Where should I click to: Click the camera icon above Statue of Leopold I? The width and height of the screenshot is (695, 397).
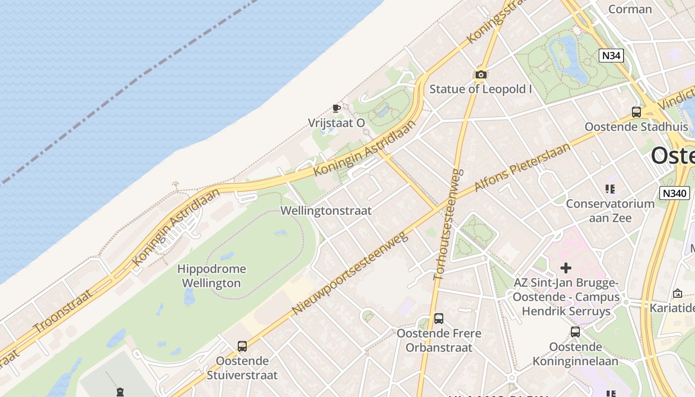pos(481,74)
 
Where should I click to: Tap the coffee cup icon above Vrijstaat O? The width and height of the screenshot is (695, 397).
pos(336,108)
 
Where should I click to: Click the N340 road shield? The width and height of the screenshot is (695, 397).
pos(675,193)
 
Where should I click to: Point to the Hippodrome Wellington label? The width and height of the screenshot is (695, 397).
pos(211,276)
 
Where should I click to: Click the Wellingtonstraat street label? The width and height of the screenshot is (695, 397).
pos(326,210)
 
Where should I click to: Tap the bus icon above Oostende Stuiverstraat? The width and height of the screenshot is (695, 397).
pos(242,346)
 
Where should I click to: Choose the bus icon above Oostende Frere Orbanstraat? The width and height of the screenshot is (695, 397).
pos(439,318)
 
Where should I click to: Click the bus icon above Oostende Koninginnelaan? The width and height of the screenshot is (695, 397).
pos(575,331)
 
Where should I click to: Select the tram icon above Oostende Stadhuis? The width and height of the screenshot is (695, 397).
pos(636,112)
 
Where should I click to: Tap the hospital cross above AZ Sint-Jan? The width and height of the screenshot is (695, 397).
pos(565,268)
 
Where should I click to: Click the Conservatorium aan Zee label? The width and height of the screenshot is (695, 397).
pos(610,210)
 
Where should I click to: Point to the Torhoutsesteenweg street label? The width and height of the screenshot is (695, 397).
pos(448,224)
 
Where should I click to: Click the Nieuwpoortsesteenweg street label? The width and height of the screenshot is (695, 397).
pos(349,273)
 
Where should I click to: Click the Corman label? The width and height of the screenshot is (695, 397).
pos(630,9)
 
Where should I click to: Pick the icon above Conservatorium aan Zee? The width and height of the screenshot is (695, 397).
pos(610,189)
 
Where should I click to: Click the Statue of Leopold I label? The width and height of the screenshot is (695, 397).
pos(481,89)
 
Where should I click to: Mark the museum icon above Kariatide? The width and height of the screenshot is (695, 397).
pos(677,293)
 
